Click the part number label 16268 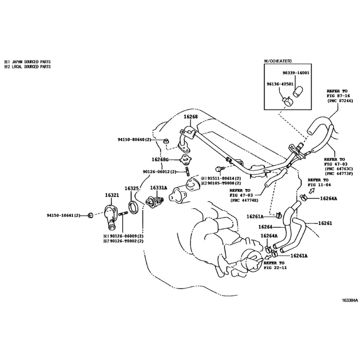click(191, 117)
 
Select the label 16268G click(160, 159)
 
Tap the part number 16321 click(112, 195)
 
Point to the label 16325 click(131, 188)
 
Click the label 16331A click(159, 188)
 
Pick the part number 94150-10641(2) click(64, 216)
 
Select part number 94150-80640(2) click(135, 140)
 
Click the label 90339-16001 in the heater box click(296, 73)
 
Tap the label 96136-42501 click(280, 84)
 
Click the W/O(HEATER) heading click(278, 61)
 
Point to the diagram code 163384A click(350, 300)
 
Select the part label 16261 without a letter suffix click(325, 223)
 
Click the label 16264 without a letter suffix click(265, 227)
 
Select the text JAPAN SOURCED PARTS click(31, 62)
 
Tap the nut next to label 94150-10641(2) click(90, 216)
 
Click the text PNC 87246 click(341, 101)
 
